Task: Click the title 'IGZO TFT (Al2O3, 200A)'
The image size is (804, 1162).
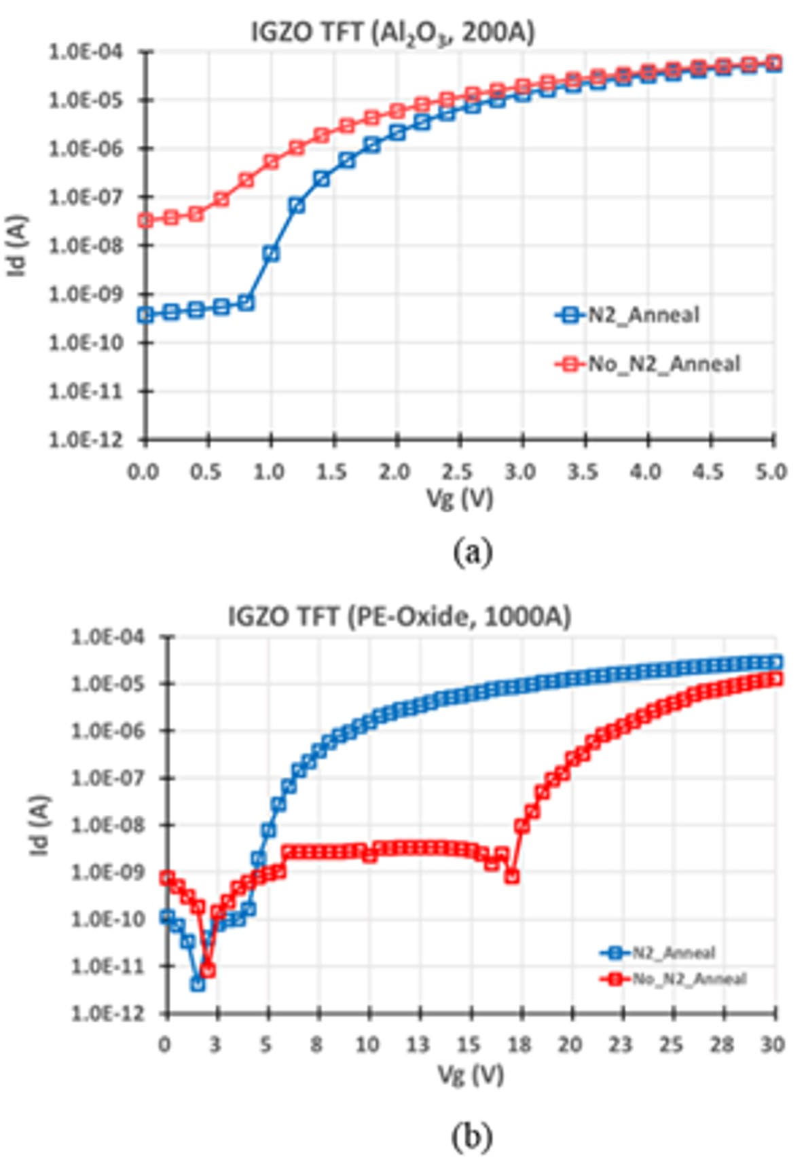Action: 392,33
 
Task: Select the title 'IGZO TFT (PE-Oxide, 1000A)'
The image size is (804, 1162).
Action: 399,617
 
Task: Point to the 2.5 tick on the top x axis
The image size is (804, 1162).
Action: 458,472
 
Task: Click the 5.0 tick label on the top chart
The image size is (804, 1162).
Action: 771,472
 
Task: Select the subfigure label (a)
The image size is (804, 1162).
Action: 473,551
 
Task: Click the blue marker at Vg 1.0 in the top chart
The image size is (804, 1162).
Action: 271,254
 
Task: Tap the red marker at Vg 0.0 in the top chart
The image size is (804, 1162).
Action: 145,220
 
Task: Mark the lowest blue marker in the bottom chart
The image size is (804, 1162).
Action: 198,983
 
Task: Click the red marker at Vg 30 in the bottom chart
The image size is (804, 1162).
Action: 775,679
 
